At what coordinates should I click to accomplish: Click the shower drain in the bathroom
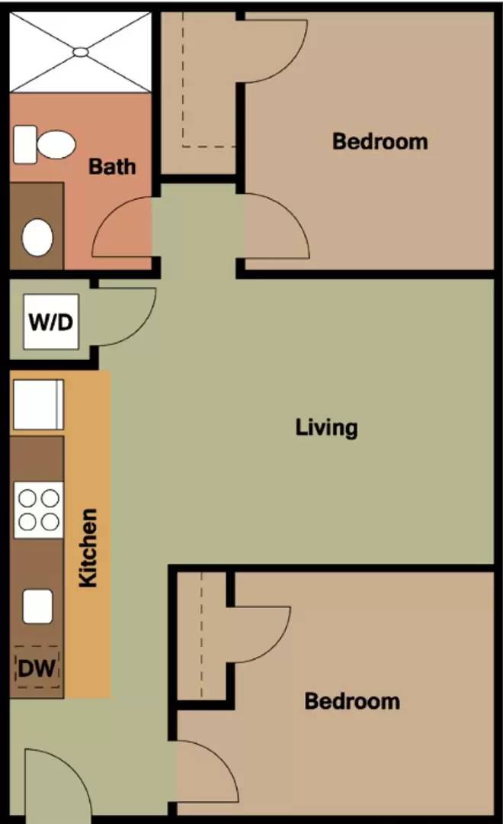81,52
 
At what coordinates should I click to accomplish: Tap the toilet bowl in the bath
56,144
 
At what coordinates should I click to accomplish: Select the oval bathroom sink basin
37,237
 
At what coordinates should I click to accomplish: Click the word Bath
112,166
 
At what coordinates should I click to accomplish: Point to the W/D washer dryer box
51,321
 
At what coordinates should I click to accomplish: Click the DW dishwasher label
37,668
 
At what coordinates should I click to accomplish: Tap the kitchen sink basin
38,607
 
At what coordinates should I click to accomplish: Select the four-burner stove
39,510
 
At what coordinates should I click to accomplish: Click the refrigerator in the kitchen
38,404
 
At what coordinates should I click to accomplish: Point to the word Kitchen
88,548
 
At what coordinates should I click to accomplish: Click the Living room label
327,427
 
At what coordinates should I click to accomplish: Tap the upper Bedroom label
380,141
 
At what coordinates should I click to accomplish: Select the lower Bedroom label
352,701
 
